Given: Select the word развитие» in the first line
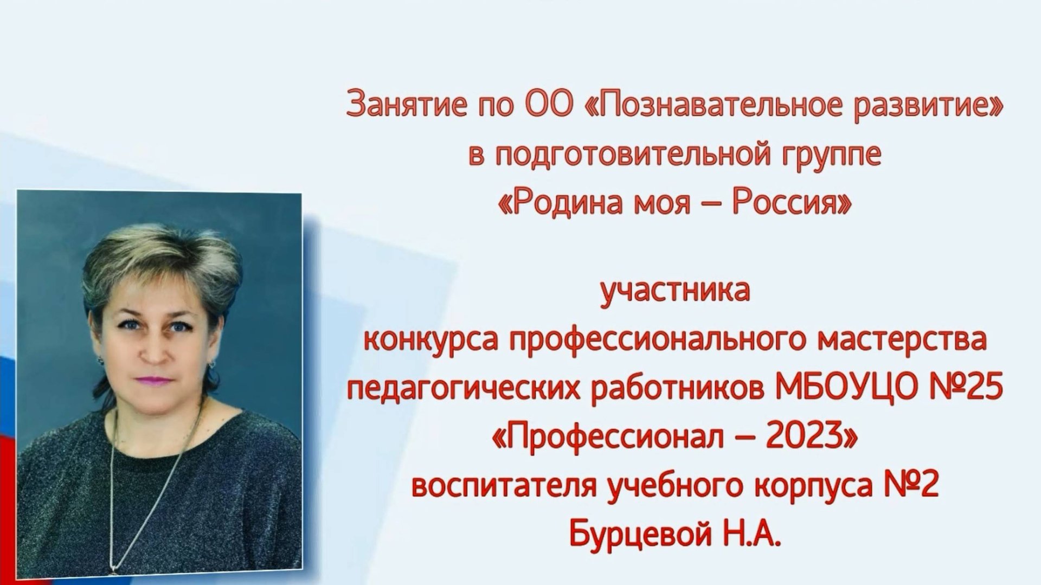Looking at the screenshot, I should (x=942, y=105).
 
